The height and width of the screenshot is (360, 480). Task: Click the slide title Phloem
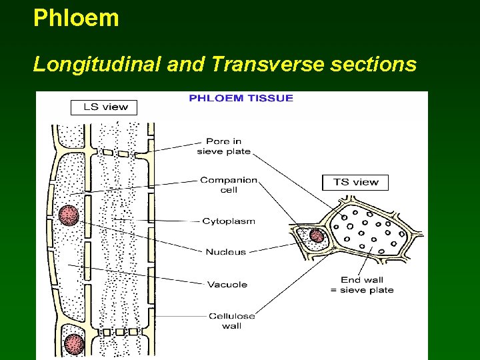tap(76, 18)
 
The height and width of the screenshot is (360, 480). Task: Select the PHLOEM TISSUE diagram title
tap(241, 98)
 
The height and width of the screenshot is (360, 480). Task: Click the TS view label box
tap(355, 182)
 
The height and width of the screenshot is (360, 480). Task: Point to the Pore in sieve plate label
tap(223, 146)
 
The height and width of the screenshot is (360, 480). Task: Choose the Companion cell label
tap(228, 185)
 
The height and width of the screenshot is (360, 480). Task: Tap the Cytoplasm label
tap(228, 221)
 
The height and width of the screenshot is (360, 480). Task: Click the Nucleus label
tap(225, 252)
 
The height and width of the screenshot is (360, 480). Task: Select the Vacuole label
tap(227, 285)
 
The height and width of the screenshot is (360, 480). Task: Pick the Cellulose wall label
tap(231, 321)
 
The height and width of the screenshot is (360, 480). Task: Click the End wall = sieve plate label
tap(367, 285)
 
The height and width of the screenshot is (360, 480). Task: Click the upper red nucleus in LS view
tap(68, 215)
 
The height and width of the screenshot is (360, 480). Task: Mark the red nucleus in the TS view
tap(316, 235)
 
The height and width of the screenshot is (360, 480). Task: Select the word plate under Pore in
tap(238, 151)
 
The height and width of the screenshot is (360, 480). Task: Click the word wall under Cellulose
tap(231, 326)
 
